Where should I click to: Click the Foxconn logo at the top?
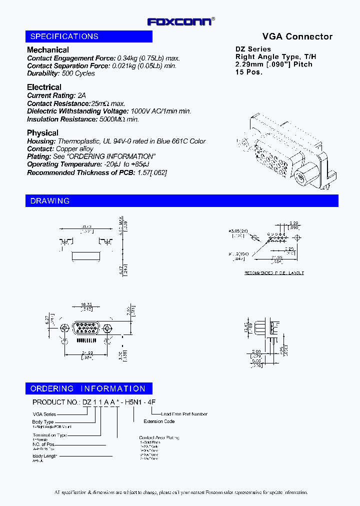point(180,21)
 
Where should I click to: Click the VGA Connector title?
point(297,36)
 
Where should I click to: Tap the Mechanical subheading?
point(48,50)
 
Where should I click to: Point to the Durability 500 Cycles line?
point(60,73)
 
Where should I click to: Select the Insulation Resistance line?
point(83,119)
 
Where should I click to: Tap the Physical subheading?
point(42,133)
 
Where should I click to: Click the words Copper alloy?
point(74,149)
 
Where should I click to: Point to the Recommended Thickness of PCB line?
point(97,172)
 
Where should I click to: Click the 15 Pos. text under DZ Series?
point(249,72)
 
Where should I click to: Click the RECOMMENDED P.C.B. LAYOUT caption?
point(274,273)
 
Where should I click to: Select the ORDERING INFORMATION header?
point(88,388)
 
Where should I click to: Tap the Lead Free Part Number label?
point(184,414)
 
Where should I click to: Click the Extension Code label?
point(159,421)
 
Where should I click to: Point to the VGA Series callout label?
point(44,414)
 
